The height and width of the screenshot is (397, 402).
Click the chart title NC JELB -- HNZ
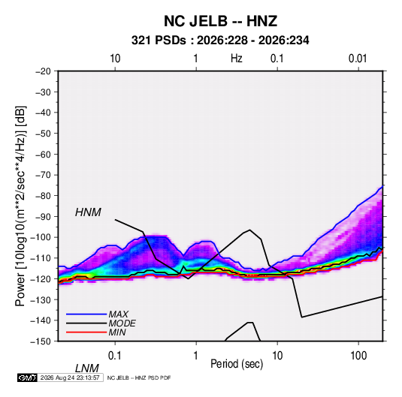pos(220,21)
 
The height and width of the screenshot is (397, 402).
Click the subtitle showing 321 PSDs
pos(220,41)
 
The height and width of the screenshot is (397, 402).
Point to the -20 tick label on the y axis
pos(43,71)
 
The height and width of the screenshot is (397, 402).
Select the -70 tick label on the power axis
pos(43,175)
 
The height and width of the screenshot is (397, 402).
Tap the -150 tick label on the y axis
pos(41,341)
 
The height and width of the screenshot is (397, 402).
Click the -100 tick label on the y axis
pos(41,237)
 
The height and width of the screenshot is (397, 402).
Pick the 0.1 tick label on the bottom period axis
pos(115,356)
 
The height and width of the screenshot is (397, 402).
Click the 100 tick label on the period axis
pos(358,356)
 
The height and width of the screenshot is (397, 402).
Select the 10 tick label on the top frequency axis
pos(115,59)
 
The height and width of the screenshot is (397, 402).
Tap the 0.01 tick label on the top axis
pos(358,59)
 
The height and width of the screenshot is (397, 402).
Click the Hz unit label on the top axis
pos(237,59)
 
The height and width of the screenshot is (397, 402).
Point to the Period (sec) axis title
pos(237,364)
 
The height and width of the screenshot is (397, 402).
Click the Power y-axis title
pos(20,206)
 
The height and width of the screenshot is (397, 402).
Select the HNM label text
pos(88,212)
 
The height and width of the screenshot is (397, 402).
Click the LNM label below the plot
pos(87,368)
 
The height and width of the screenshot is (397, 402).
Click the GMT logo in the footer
pos(27,377)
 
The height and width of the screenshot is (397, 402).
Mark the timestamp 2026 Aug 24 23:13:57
pos(70,377)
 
